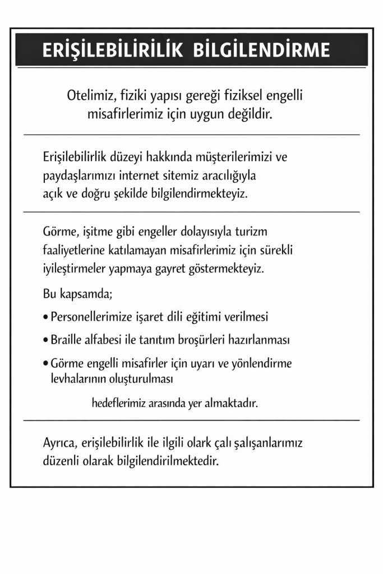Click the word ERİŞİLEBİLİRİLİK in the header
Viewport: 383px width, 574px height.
(112, 50)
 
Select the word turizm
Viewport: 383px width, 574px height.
(269, 231)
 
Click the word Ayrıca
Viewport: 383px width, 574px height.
(61, 443)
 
